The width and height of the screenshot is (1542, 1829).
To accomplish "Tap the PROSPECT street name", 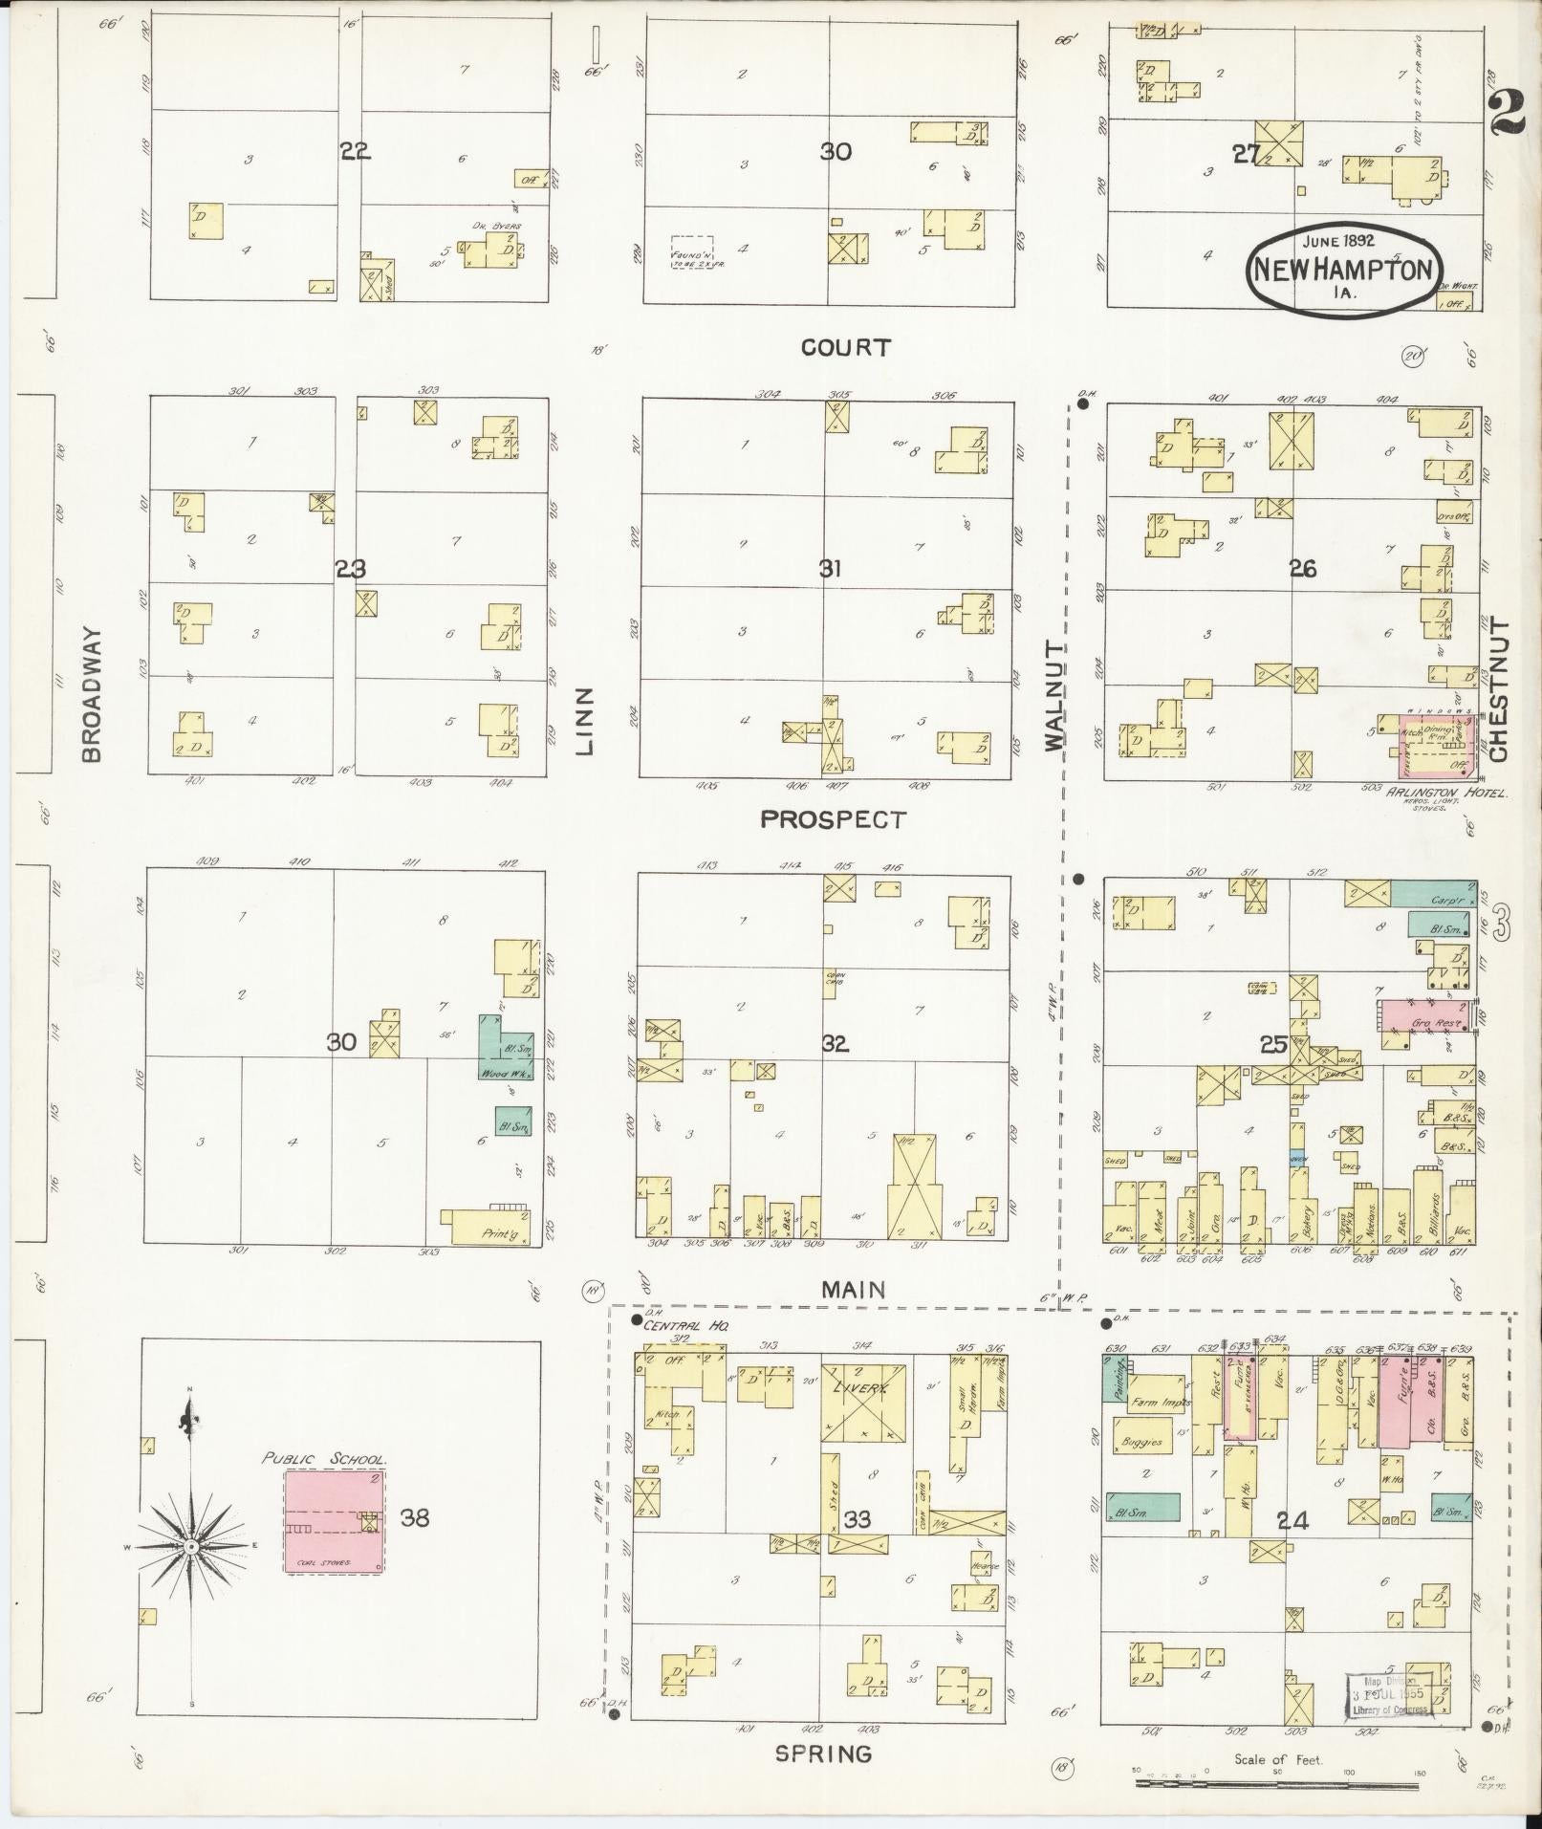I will pos(833,819).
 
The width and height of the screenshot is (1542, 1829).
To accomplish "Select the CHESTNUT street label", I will pos(1497,690).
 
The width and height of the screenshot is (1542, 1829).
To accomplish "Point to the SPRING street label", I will pos(823,1753).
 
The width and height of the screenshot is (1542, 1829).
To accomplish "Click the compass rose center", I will pos(192,1546).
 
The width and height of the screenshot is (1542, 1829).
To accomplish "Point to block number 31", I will pos(829,570).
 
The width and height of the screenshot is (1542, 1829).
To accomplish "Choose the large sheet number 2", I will pos(1508,107).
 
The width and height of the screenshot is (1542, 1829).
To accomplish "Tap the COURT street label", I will pos(845,348).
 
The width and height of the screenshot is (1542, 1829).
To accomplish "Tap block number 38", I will pos(415,1517).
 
